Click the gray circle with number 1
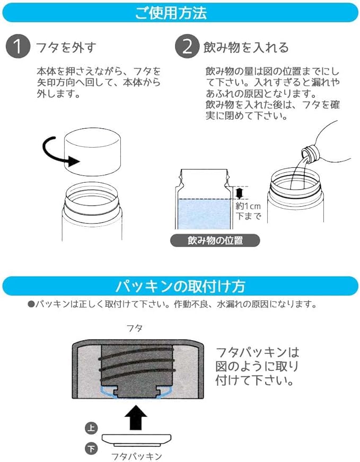click(x=18, y=46)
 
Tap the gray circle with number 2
click(x=187, y=46)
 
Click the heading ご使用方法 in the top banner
click(x=171, y=13)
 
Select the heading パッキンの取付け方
click(x=180, y=286)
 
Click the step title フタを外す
click(x=66, y=47)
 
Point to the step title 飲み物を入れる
click(x=246, y=47)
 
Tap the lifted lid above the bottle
click(x=93, y=152)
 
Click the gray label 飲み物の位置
click(x=215, y=241)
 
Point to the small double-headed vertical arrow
click(x=240, y=193)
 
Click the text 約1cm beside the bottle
click(x=248, y=206)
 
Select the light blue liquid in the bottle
click(x=204, y=214)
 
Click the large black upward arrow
click(x=136, y=417)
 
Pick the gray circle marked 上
click(x=91, y=428)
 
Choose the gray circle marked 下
click(x=91, y=449)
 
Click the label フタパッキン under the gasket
click(x=136, y=456)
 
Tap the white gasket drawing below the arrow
click(x=136, y=439)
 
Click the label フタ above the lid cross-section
click(x=135, y=328)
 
